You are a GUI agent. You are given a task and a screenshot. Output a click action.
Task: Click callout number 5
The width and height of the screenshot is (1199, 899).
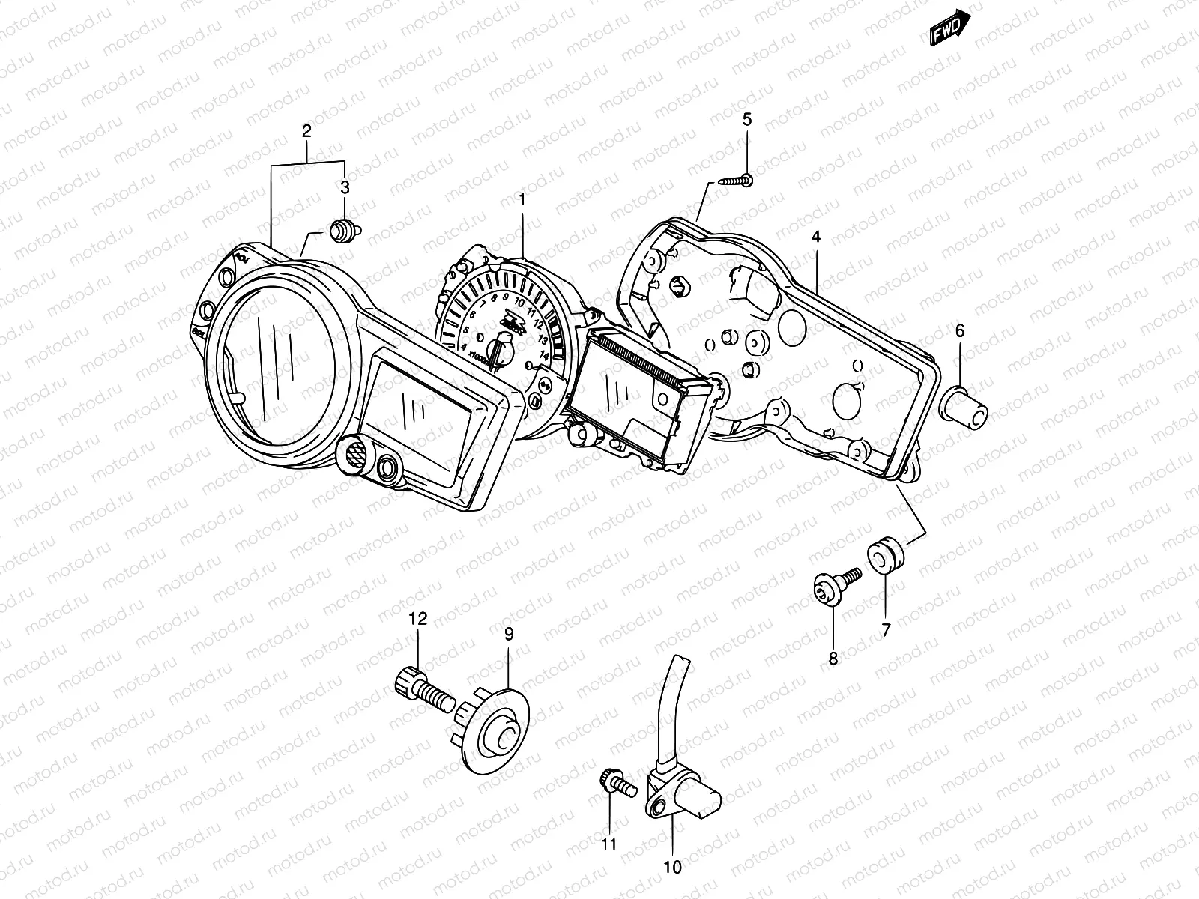coord(747,118)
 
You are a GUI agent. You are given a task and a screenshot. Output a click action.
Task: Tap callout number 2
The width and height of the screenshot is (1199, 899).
coord(306,130)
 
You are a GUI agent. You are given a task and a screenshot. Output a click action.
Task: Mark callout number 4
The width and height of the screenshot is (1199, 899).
coord(816,237)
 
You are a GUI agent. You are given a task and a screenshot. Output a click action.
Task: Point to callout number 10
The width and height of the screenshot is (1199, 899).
coord(672,868)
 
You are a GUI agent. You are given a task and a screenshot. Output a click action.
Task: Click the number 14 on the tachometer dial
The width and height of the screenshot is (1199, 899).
coord(544,355)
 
